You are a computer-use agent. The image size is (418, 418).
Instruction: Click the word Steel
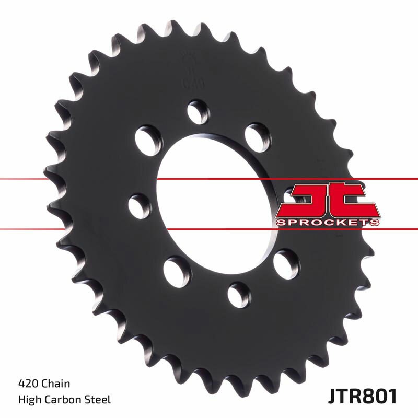[x=98, y=400]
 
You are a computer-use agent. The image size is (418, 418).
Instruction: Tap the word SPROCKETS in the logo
[x=327, y=223]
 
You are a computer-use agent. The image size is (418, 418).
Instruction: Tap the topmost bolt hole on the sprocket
[x=198, y=112]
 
